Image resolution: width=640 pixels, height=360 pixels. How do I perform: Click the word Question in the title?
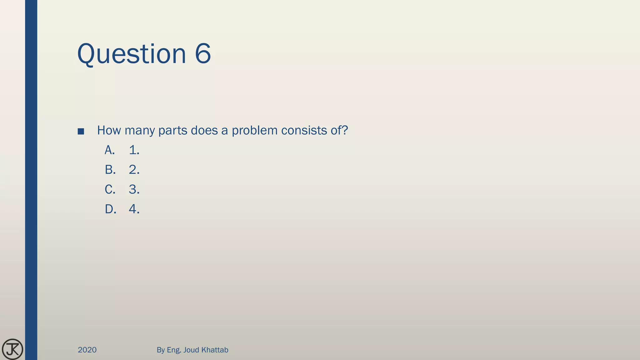(132, 54)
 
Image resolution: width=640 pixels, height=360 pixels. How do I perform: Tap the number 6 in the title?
(203, 54)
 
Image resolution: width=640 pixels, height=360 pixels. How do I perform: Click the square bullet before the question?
(81, 131)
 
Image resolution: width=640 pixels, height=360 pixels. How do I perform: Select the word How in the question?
(109, 130)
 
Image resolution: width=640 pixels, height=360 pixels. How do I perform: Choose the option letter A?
(110, 150)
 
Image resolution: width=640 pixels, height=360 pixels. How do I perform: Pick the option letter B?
(110, 170)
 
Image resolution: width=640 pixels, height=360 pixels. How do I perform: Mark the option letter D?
(110, 209)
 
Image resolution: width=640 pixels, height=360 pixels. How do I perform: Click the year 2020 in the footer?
(87, 350)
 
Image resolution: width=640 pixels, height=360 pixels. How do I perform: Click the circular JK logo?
(12, 349)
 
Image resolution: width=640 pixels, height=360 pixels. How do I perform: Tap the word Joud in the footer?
(191, 350)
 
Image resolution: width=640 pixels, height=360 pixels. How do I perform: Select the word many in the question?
(139, 131)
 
